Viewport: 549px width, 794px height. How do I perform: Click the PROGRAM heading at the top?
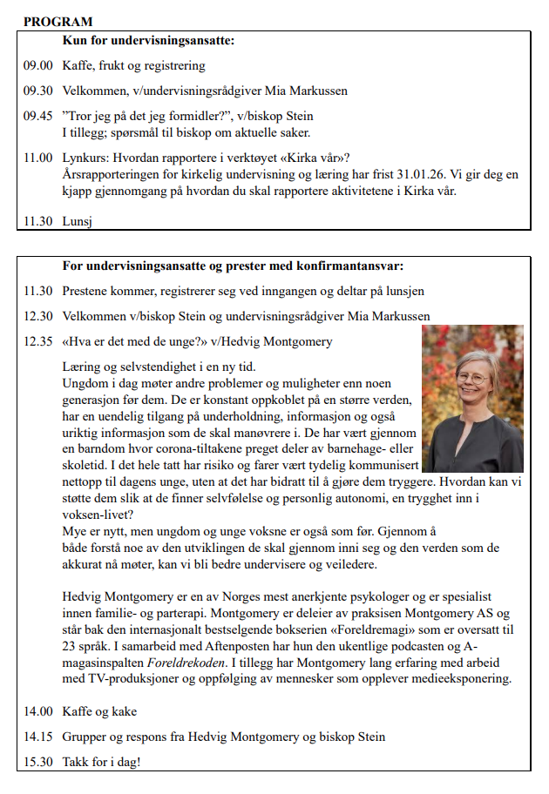coord(58,21)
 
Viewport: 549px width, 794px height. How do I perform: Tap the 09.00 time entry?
coord(38,65)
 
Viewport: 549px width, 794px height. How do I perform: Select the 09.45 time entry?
coord(38,116)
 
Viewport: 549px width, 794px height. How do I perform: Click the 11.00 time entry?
coord(38,158)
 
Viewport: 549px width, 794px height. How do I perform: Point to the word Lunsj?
coord(78,221)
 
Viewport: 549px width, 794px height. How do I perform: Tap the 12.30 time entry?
coord(38,315)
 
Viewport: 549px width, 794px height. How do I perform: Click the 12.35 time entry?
coord(38,340)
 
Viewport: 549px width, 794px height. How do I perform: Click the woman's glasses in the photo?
coord(471,379)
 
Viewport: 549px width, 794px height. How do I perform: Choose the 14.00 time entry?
coord(38,712)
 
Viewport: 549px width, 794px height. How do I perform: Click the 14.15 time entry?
coord(38,737)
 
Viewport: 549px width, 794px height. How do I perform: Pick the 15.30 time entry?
coord(38,762)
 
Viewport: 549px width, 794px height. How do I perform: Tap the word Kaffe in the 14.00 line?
coord(79,712)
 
